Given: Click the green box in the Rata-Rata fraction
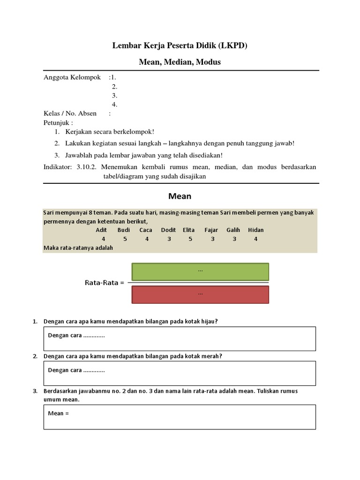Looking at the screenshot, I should click(200, 271).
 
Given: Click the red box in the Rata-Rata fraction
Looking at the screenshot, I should click(200, 294).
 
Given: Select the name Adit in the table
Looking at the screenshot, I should click(101, 230).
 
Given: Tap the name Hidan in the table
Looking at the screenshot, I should click(256, 230).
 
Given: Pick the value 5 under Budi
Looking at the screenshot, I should click(125, 239).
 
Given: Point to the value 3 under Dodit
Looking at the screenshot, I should click(168, 239).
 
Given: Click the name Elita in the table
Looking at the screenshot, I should click(189, 230).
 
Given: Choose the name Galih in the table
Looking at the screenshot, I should click(233, 230).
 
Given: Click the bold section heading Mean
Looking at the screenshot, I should click(180, 196).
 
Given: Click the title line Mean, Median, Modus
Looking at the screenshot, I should click(180, 62).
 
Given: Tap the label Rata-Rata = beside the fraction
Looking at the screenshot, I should click(105, 283).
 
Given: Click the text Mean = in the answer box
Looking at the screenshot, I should click(59, 413).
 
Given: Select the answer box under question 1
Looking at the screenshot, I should click(180, 338).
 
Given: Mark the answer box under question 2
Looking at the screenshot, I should click(180, 373).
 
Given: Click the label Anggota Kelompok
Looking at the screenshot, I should click(72, 77).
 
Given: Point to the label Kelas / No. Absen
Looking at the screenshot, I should click(70, 113).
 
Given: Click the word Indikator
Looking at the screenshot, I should click(58, 167).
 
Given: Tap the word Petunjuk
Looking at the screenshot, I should click(58, 122).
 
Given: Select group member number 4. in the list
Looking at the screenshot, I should click(114, 105).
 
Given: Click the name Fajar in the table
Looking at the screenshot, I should click(211, 230).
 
